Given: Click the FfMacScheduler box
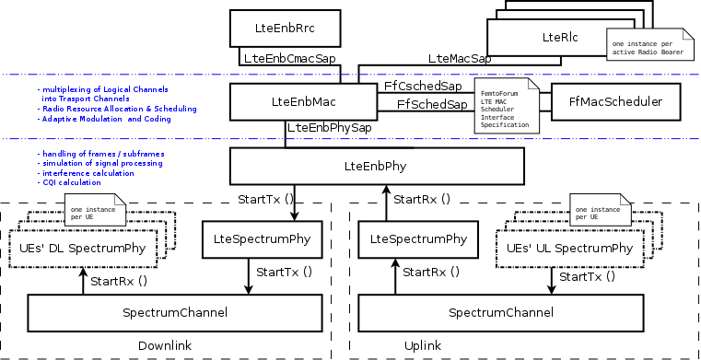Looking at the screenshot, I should tap(615, 102).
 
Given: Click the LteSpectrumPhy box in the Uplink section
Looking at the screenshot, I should tap(417, 239).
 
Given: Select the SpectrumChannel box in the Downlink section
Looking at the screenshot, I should tap(175, 313).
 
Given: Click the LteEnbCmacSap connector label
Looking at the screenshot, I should tap(288, 57).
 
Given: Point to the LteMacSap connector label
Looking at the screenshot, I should tap(459, 57).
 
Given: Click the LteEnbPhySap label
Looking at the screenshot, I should tap(329, 128).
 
